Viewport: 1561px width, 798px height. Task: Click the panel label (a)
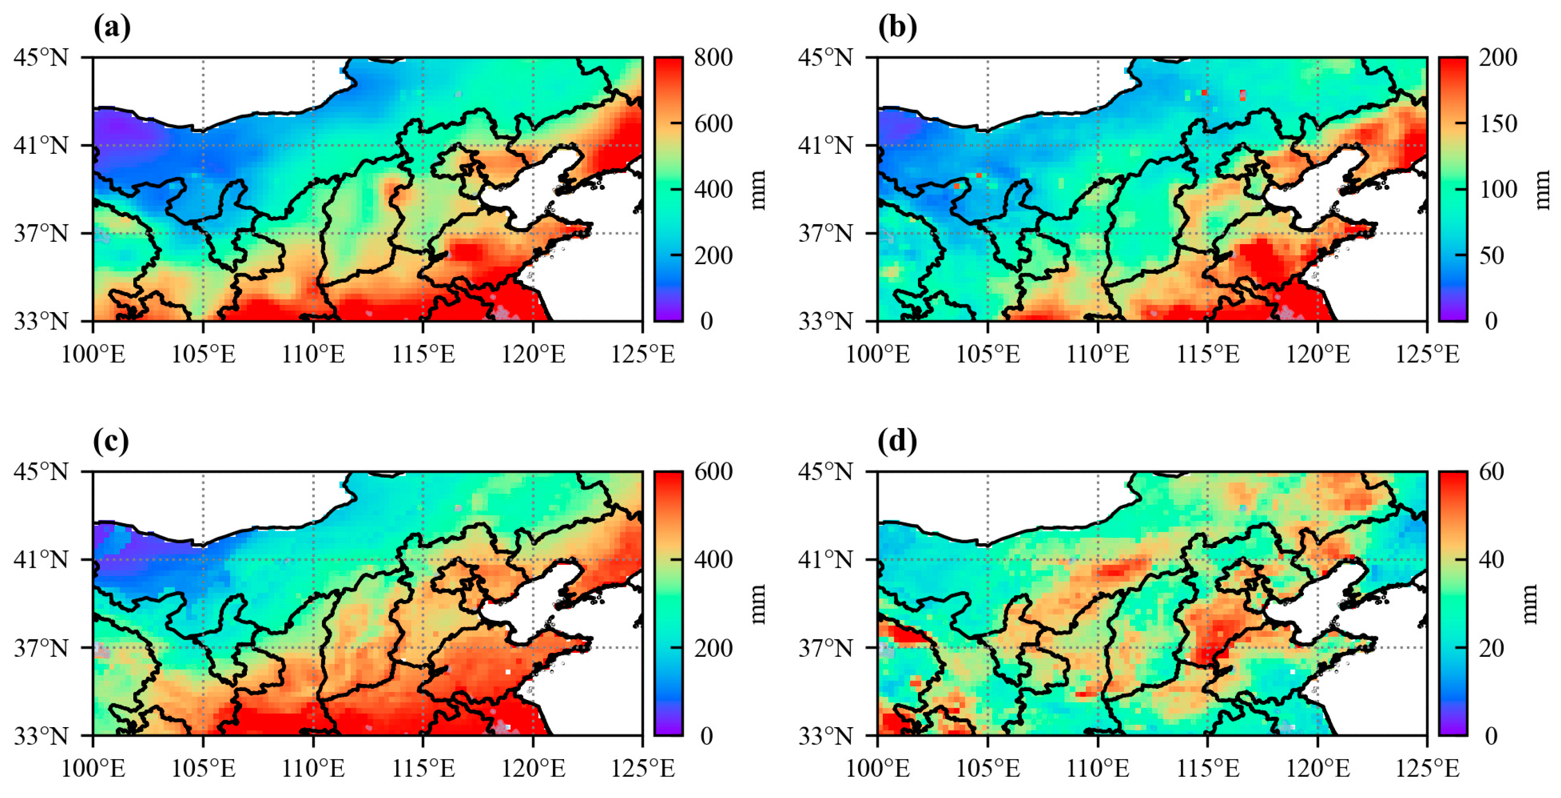click(112, 27)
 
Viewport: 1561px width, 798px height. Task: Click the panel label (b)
click(898, 27)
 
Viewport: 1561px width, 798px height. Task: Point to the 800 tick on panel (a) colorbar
click(713, 58)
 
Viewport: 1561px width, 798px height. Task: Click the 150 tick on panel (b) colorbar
click(1498, 124)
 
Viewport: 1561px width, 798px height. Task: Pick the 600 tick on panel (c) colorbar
click(713, 472)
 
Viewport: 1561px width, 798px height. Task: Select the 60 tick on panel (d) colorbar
click(1491, 472)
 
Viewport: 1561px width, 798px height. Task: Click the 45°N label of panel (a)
click(41, 58)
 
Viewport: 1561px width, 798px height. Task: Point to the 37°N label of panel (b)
click(825, 233)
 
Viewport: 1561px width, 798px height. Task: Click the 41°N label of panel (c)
click(41, 560)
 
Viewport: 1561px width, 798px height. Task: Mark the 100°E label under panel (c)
click(93, 769)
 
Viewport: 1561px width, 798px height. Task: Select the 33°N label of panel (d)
click(825, 736)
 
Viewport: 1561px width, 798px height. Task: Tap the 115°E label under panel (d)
click(1207, 769)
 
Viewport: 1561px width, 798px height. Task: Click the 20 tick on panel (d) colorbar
click(1491, 648)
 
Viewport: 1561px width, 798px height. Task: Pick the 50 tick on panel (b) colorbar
click(1491, 256)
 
